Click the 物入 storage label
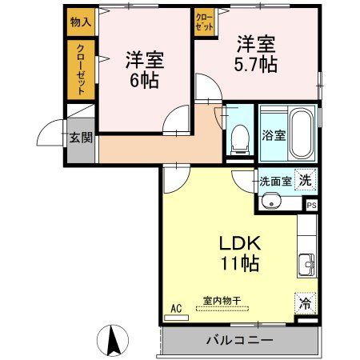pyautogui.click(x=81, y=22)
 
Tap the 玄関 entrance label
pyautogui.click(x=81, y=137)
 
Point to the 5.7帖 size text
pyautogui.click(x=257, y=64)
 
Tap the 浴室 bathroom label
pyautogui.click(x=274, y=135)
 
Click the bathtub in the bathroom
pyautogui.click(x=302, y=133)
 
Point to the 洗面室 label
pyautogui.click(x=274, y=182)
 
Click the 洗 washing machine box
pyautogui.click(x=305, y=180)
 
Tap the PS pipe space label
pyautogui.click(x=311, y=204)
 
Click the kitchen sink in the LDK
pyautogui.click(x=306, y=263)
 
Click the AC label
pyautogui.click(x=176, y=306)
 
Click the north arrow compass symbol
pyautogui.click(x=114, y=341)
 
